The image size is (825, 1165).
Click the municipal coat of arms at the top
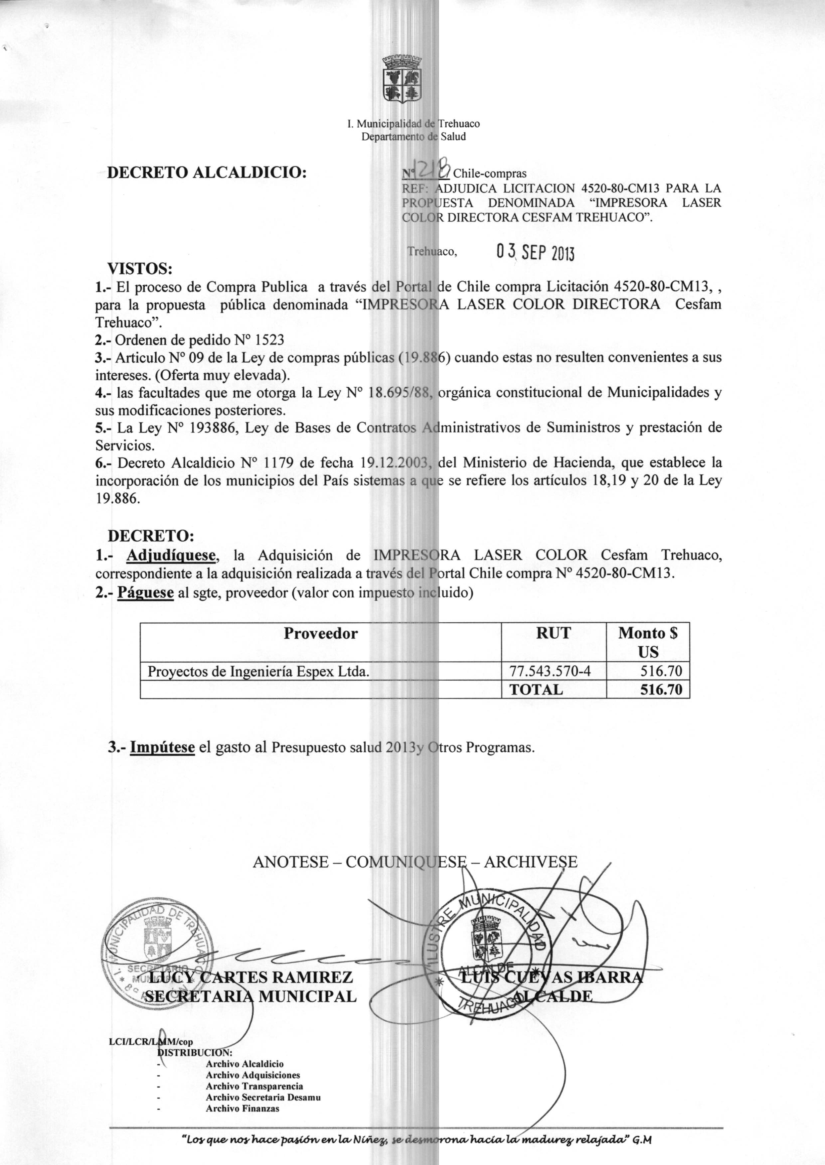pos(402,79)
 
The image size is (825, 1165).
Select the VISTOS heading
pos(140,268)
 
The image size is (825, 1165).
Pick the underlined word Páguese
pos(146,592)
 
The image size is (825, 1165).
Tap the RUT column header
pos(554,633)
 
